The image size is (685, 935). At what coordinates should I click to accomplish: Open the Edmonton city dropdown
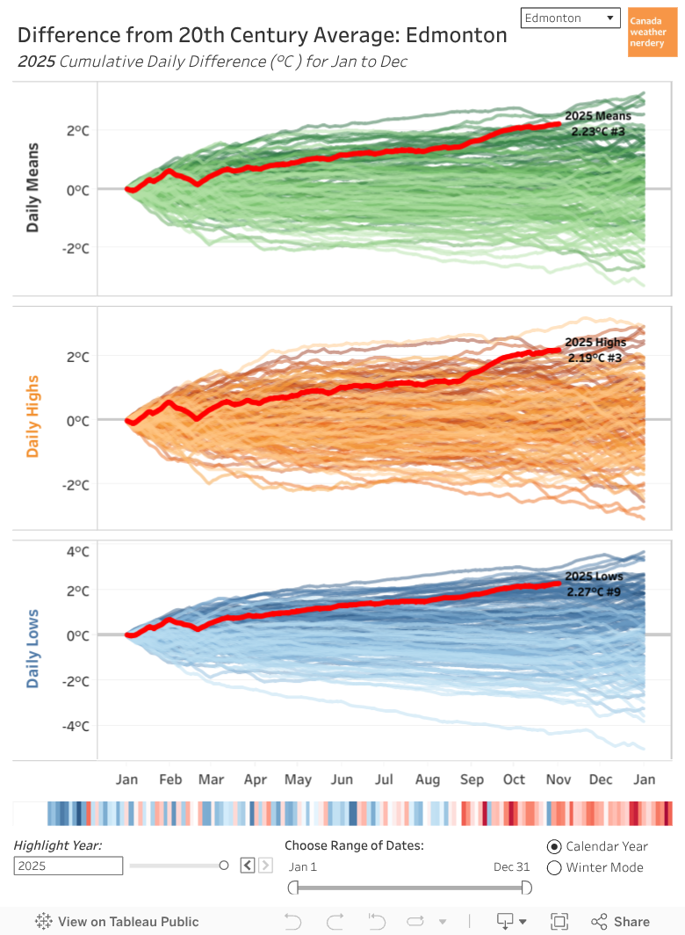(x=570, y=18)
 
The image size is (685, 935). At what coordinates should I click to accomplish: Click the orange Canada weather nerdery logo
(x=652, y=33)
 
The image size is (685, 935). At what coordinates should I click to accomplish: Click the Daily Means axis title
(x=32, y=187)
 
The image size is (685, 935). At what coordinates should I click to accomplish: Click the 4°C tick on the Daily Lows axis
(x=78, y=552)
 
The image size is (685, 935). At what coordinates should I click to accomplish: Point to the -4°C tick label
(x=76, y=726)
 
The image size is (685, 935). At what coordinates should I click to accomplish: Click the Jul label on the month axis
(x=384, y=779)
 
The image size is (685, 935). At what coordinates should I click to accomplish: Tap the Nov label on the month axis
(x=558, y=779)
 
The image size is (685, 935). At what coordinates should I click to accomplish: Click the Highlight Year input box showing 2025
(x=68, y=866)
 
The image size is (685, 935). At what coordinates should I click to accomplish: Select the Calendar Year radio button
(x=554, y=846)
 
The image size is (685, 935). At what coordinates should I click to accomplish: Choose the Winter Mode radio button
(x=554, y=868)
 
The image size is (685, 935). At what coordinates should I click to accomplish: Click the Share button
(x=621, y=922)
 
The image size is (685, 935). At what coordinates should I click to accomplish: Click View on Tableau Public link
(x=118, y=922)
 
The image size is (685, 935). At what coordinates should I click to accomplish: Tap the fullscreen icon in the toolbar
(x=559, y=922)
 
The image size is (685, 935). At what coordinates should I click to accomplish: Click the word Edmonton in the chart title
(x=456, y=35)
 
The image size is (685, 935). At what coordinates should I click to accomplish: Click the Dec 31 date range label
(x=511, y=866)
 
